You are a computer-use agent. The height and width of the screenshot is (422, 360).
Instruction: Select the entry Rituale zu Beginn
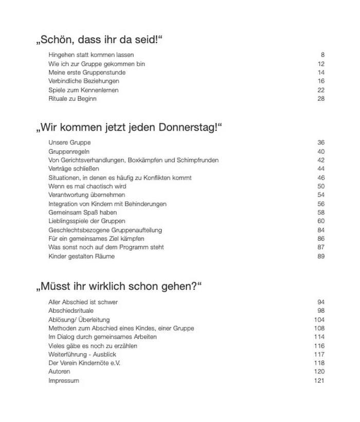[73, 99]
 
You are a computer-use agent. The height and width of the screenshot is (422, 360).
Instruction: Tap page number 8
[322, 55]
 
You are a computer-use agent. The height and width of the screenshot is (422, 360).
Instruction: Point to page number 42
[321, 160]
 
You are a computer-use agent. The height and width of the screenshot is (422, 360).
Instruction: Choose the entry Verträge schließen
[74, 169]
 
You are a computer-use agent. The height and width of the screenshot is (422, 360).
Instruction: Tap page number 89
[321, 256]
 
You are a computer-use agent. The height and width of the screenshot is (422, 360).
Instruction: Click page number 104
[319, 320]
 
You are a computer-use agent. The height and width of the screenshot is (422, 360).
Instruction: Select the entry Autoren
[60, 372]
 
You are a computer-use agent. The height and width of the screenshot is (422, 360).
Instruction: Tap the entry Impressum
[64, 381]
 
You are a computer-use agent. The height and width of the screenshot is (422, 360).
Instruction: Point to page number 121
[319, 381]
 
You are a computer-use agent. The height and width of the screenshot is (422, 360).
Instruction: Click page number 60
[321, 221]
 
